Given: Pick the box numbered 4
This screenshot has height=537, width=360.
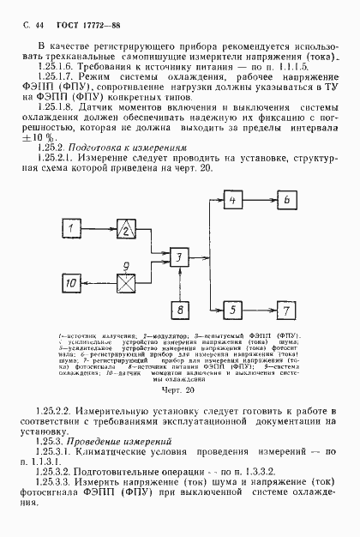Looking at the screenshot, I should click(232, 200).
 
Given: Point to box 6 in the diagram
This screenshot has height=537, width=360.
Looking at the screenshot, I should click(287, 200).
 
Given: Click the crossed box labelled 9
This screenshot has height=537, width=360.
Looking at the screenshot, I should click(125, 282).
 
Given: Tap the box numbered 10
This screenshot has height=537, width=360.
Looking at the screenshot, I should click(74, 282).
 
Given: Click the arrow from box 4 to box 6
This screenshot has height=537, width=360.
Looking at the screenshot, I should click(260, 200).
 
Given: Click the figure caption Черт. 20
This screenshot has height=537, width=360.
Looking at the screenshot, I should click(179, 389).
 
